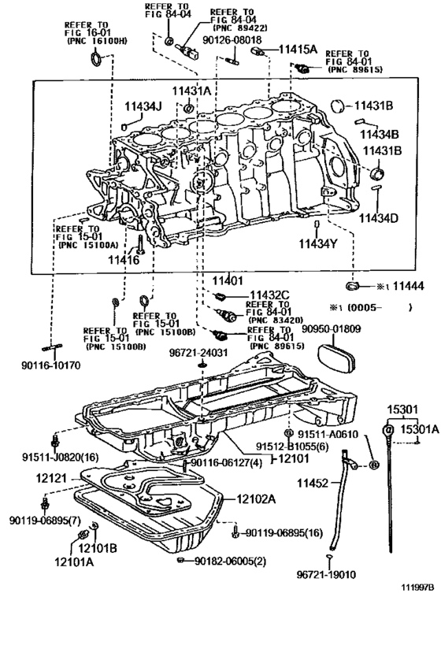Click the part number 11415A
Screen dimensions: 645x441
tap(298, 49)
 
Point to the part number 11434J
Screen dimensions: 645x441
tap(143, 106)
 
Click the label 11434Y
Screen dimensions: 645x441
tap(317, 243)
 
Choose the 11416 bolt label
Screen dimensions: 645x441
tap(123, 259)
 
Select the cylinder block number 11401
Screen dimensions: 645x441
tap(228, 280)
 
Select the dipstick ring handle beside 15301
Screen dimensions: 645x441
tap(387, 430)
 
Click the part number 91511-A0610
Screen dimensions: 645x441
tap(328, 434)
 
